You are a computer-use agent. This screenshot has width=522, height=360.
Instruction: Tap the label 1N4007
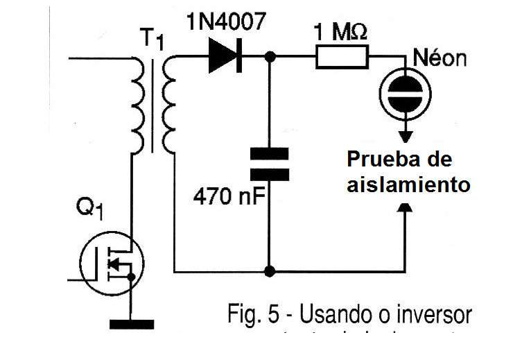(225, 22)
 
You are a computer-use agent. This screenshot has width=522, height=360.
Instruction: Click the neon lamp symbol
(406, 93)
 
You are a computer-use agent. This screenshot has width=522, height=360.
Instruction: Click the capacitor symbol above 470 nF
(268, 163)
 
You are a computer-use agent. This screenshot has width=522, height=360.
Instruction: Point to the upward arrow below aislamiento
(406, 207)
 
